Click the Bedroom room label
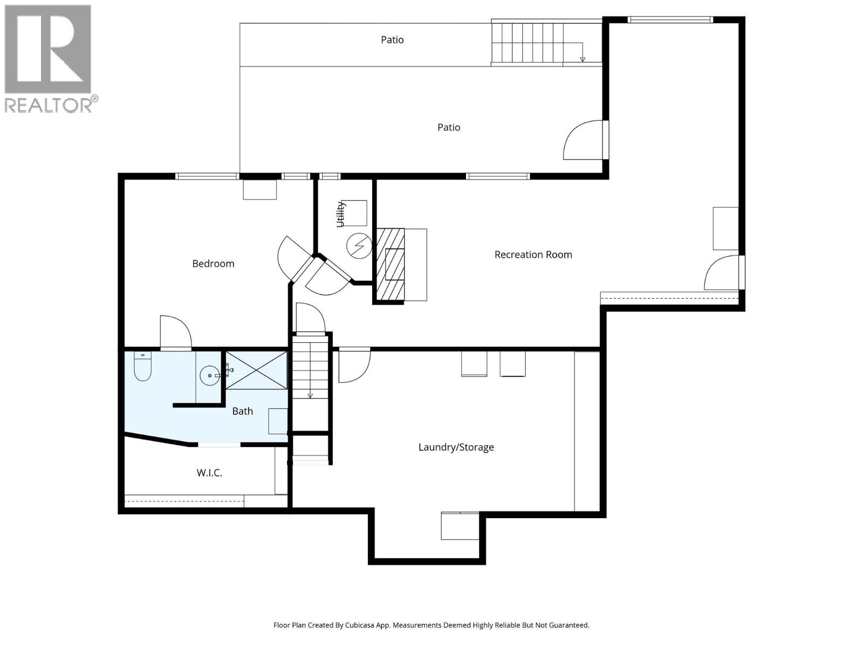click(213, 264)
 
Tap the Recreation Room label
click(533, 254)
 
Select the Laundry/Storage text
click(456, 447)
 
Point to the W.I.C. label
click(209, 473)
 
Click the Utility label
click(340, 214)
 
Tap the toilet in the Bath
click(143, 366)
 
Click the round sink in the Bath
click(209, 375)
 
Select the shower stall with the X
click(256, 370)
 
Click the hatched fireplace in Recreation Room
click(390, 264)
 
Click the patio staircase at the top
click(528, 43)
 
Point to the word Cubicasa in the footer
click(361, 625)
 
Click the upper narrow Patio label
click(392, 40)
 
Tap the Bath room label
click(242, 411)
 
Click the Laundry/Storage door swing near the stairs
click(353, 366)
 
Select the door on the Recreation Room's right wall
click(723, 273)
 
